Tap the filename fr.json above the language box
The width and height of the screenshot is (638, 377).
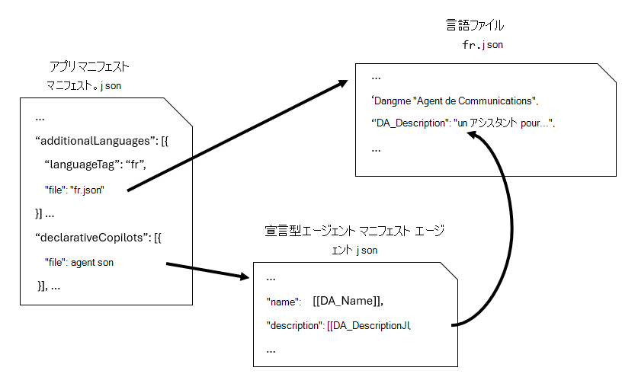point(483,45)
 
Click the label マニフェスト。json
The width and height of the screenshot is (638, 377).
point(84,85)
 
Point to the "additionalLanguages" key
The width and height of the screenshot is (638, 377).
point(90,142)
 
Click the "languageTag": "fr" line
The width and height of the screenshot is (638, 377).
point(95,165)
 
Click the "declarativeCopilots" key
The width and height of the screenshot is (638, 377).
point(93,237)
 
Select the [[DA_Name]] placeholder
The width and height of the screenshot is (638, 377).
point(348,302)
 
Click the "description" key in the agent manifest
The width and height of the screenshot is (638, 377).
point(294,326)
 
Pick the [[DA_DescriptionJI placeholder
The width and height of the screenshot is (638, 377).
point(369,326)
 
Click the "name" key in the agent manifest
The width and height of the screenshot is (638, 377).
point(284,302)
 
